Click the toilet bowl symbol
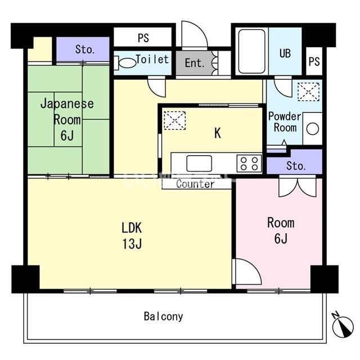[125, 63]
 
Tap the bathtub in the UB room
[252, 51]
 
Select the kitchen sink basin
[199, 163]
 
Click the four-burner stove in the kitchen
[249, 163]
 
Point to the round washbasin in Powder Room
[313, 129]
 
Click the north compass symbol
[343, 325]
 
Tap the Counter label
[195, 184]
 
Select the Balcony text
[164, 317]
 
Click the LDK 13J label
[132, 236]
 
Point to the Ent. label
[195, 63]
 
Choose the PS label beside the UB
[314, 61]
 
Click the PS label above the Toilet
[143, 38]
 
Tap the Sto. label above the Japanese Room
[85, 49]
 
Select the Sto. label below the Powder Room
[296, 165]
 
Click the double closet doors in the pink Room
[298, 187]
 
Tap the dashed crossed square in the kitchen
[175, 120]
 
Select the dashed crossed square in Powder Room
[308, 92]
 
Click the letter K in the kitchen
[218, 133]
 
